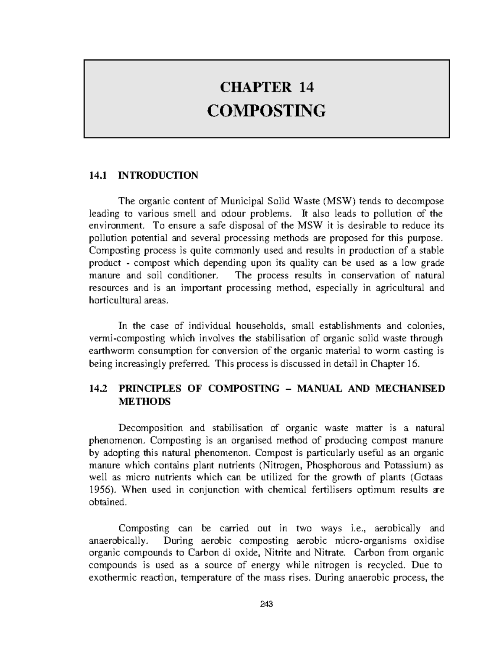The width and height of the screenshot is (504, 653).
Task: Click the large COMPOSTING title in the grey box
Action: click(267, 111)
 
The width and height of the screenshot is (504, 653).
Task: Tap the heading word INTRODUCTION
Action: click(158, 175)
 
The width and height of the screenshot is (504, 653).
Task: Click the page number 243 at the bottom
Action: click(267, 605)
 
